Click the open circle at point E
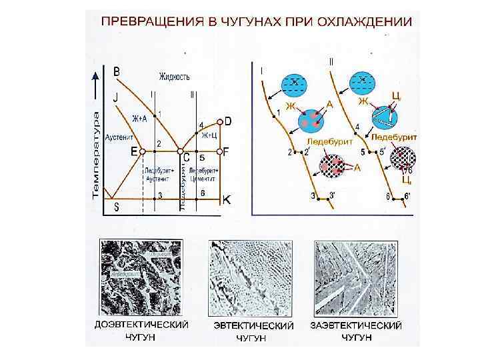point(142,152)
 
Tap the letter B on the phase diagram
point(117,71)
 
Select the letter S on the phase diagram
point(116,207)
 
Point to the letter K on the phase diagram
point(227,199)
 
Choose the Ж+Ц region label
point(209,135)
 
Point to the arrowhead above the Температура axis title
point(97,85)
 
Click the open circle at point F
point(219,152)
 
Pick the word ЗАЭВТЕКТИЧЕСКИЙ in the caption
point(356,326)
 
